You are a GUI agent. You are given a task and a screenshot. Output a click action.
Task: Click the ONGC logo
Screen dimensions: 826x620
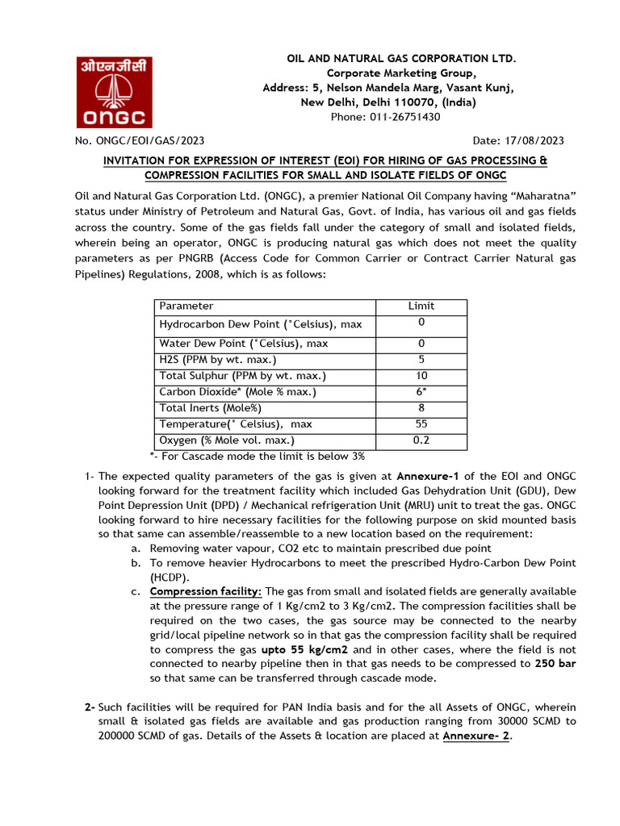(113, 93)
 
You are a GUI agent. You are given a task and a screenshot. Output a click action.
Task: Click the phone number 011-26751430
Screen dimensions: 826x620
(407, 117)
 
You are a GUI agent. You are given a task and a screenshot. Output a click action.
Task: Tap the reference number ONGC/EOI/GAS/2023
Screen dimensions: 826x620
(147, 140)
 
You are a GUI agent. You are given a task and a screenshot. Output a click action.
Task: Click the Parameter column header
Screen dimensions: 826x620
(186, 307)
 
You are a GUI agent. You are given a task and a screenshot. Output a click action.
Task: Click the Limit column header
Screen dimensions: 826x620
(421, 307)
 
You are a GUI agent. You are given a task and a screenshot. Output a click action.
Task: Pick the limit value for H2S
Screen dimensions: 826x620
(421, 360)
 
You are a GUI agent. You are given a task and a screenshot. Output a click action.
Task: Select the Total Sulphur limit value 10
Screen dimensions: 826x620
(421, 376)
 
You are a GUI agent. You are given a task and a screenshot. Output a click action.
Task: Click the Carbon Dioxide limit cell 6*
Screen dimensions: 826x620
(421, 392)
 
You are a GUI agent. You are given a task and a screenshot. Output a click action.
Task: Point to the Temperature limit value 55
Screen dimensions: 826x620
(421, 424)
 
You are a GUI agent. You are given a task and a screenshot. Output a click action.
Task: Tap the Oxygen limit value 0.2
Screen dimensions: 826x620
(421, 440)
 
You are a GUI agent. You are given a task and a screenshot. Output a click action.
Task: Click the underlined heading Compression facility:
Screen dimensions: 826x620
(206, 591)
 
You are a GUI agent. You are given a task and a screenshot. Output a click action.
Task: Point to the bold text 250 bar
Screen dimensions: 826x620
(555, 664)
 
